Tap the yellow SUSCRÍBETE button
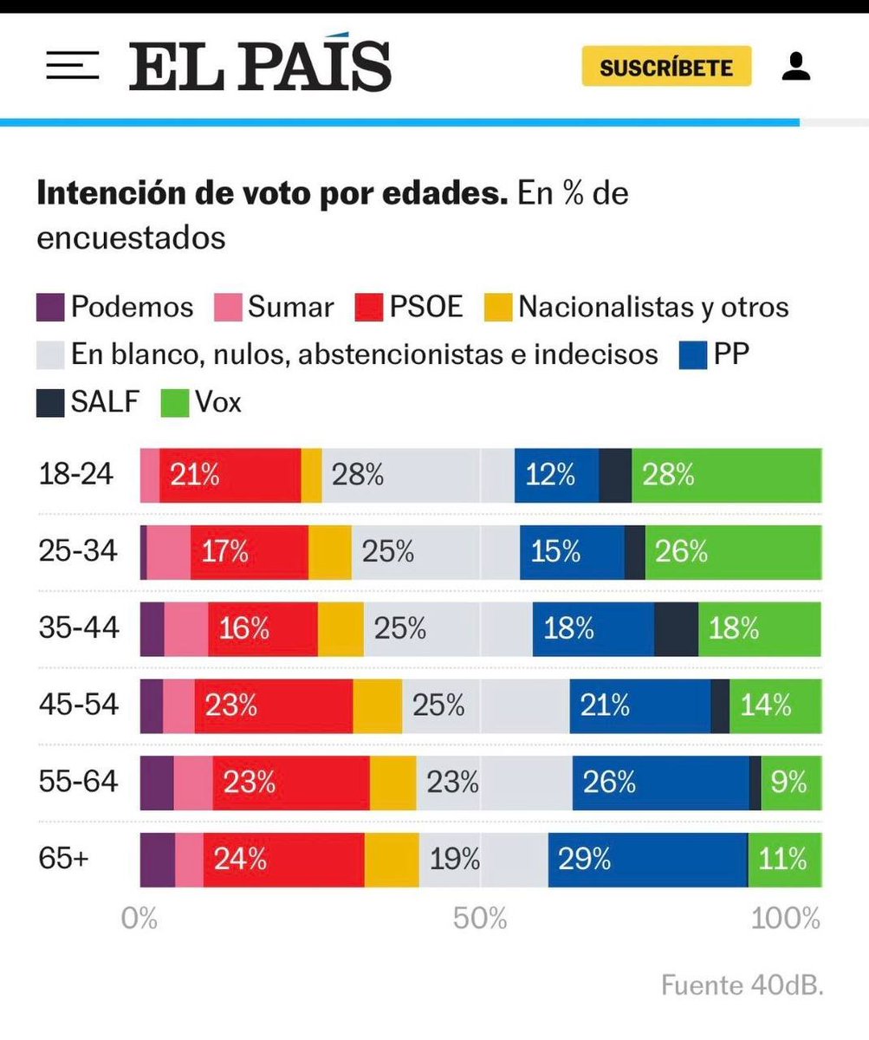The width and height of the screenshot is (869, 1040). click(666, 67)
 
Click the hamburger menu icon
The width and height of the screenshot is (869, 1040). click(72, 66)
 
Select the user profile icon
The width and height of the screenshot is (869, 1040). click(795, 66)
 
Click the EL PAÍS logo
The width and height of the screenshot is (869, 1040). click(260, 66)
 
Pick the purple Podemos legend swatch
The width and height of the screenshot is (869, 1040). click(50, 307)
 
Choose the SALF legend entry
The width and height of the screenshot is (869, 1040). click(87, 402)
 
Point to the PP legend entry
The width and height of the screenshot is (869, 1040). click(714, 354)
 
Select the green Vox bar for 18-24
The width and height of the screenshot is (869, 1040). click(726, 476)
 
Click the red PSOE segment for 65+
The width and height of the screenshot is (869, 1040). click(283, 860)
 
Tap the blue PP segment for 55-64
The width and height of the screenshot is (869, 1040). click(660, 783)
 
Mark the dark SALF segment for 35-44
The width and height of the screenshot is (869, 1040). click(676, 629)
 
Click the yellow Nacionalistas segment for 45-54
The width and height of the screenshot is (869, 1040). click(378, 706)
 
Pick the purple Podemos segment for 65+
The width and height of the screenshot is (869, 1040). click(157, 860)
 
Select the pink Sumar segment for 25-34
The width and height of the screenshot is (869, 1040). click(168, 553)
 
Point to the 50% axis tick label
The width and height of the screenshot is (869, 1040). click(480, 919)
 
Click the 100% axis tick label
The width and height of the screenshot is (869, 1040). click(785, 919)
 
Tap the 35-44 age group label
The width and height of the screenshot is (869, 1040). click(78, 629)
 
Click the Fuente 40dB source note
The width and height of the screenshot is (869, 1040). click(741, 985)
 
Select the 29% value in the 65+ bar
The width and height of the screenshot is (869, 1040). click(584, 860)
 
